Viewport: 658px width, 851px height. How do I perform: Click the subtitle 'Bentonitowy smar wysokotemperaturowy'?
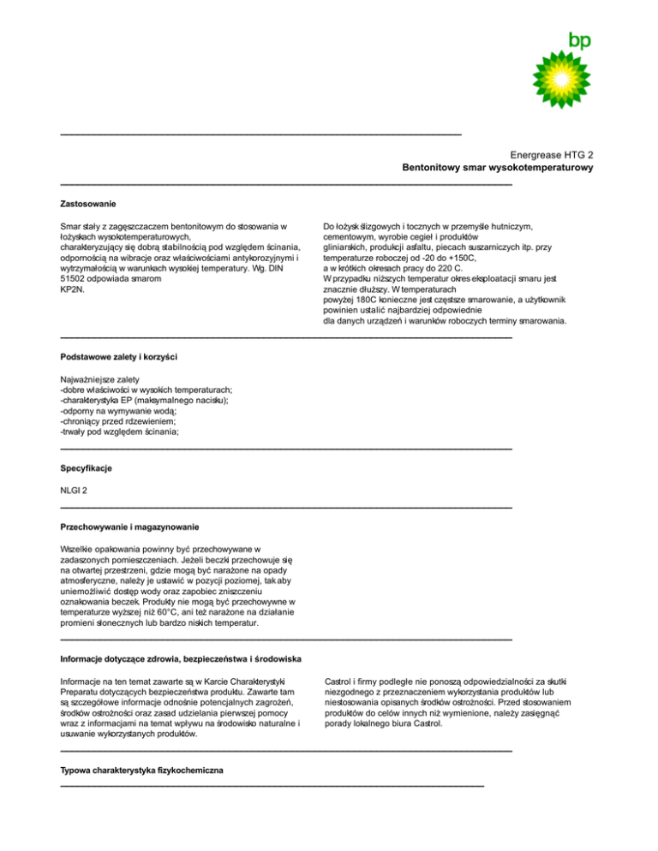(499, 169)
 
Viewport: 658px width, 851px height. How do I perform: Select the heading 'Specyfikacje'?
(87, 469)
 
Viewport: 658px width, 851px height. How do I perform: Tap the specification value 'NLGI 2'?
(75, 490)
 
